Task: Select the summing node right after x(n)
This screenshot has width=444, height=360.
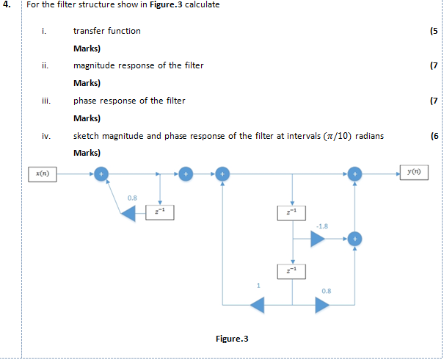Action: [x=102, y=174]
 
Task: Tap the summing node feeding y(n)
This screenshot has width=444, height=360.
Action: [x=354, y=174]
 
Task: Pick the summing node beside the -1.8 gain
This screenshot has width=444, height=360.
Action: [x=354, y=239]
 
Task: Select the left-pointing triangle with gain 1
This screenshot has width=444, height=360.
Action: [x=258, y=304]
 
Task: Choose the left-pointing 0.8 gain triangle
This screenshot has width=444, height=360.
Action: [x=128, y=212]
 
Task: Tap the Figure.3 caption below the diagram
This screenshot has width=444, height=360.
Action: [x=232, y=339]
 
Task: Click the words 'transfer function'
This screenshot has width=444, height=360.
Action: [x=107, y=31]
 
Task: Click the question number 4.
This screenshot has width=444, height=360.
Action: [x=7, y=6]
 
